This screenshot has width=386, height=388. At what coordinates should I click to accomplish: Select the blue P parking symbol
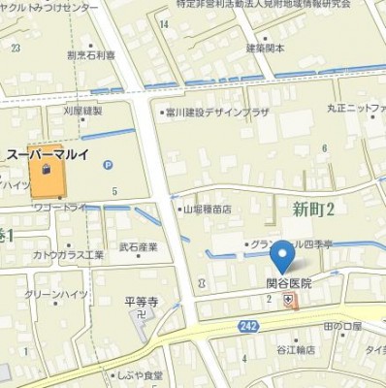tap(108, 165)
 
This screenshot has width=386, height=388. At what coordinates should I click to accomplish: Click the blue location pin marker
tap(282, 257)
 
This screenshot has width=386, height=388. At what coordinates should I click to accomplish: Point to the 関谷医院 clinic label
tap(289, 283)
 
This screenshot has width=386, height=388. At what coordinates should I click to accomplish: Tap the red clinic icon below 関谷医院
tap(289, 300)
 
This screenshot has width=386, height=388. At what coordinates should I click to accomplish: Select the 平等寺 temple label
tap(141, 302)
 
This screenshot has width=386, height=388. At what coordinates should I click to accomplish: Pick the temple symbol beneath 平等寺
tap(142, 314)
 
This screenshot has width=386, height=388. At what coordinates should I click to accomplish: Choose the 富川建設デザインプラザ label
tap(217, 113)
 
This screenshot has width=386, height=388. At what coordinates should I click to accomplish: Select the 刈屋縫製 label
tap(82, 111)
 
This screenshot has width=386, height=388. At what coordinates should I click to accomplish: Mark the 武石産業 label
tap(138, 246)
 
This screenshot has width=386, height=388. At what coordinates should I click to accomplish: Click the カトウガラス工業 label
tap(68, 254)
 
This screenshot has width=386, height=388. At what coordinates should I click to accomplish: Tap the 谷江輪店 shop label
tap(298, 350)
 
